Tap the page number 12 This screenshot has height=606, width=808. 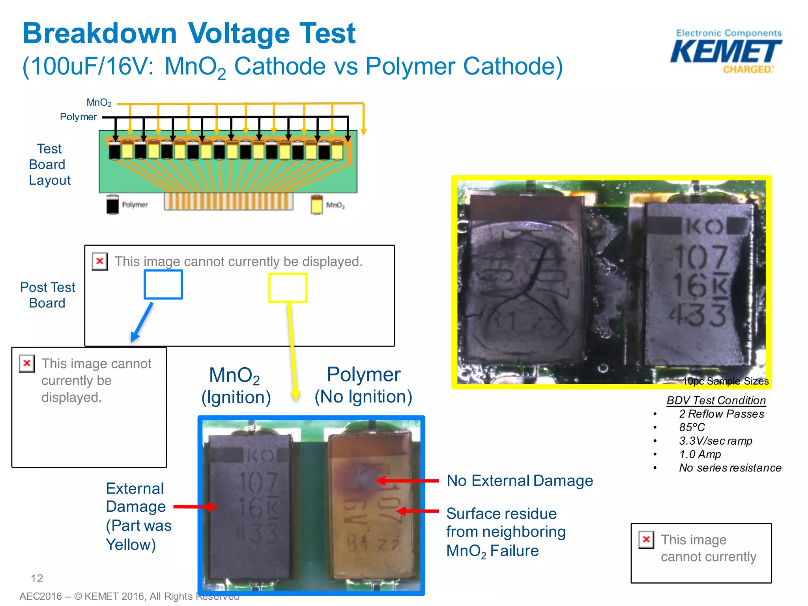pyautogui.click(x=37, y=578)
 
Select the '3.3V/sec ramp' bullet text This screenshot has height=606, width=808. pyautogui.click(x=715, y=441)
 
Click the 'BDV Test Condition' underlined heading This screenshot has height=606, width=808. pyautogui.click(x=716, y=400)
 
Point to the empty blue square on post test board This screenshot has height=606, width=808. pyautogui.click(x=163, y=284)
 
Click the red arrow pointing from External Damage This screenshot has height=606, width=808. pyautogui.click(x=195, y=507)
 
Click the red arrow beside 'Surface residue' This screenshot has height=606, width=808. pyautogui.click(x=417, y=511)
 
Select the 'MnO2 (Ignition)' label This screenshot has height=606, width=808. pyautogui.click(x=236, y=386)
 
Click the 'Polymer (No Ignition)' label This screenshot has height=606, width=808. pyautogui.click(x=363, y=385)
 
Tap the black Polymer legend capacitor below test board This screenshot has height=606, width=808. pyautogui.click(x=112, y=205)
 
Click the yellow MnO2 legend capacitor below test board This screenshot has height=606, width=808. pyautogui.click(x=316, y=205)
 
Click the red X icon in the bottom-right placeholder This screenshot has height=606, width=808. pyautogui.click(x=646, y=539)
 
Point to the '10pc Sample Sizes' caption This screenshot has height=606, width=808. pyautogui.click(x=725, y=381)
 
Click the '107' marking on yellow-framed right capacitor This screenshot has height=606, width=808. pyautogui.click(x=701, y=257)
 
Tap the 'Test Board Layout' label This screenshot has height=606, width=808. pyautogui.click(x=49, y=165)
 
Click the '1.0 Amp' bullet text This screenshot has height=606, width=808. pyautogui.click(x=700, y=454)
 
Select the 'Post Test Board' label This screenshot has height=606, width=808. pyautogui.click(x=47, y=295)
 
